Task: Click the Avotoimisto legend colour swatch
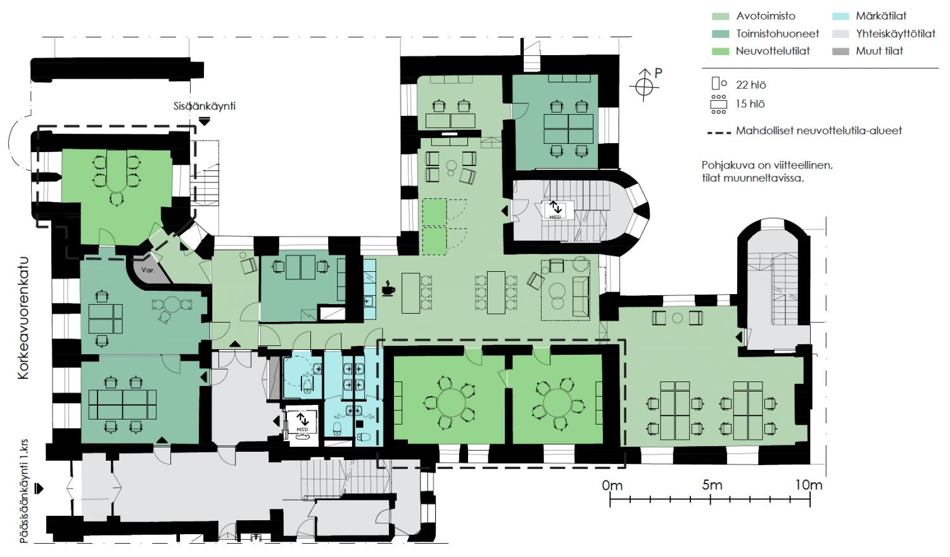point(720,16)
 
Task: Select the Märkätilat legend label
point(881,16)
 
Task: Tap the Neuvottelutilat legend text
point(773,51)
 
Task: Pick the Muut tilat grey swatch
point(840,51)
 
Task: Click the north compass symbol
point(644,86)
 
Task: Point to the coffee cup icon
point(388,289)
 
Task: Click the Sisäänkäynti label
point(205,106)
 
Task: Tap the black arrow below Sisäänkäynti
point(205,122)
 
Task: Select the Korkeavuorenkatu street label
point(23,317)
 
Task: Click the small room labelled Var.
point(148,269)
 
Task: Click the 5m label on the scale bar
point(712,485)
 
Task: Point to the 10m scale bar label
point(808,485)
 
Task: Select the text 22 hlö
point(750,85)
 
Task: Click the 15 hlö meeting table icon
point(718,105)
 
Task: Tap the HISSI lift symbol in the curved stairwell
point(555,210)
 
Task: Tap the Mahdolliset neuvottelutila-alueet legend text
point(819,131)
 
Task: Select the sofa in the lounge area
point(580,297)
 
